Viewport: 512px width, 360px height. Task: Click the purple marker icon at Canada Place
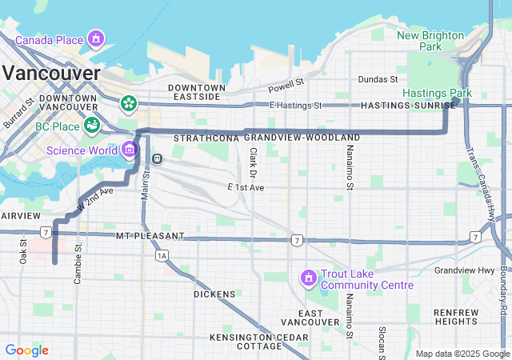(x=97, y=38)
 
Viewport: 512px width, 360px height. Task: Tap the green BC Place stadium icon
(x=94, y=125)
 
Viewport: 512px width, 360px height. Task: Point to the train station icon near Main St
(x=158, y=158)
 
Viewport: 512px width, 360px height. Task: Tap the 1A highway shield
(x=162, y=255)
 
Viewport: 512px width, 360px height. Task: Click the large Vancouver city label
(x=51, y=73)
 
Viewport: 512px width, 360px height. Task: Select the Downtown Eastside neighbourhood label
(x=196, y=92)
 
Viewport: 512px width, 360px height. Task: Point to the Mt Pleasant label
(x=150, y=237)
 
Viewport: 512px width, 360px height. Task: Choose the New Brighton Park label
(x=430, y=41)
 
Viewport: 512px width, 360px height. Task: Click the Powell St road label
(x=286, y=82)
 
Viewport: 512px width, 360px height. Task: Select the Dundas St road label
(x=378, y=79)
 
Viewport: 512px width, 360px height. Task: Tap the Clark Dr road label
(x=253, y=162)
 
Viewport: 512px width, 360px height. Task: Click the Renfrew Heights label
(x=456, y=317)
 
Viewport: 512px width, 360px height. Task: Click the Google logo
(x=26, y=350)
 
